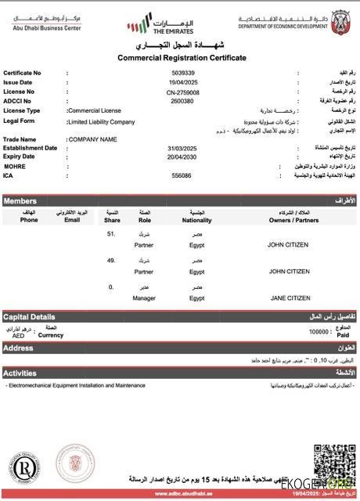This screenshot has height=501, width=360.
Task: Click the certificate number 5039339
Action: click(182, 73)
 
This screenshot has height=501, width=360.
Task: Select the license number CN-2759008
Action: click(182, 92)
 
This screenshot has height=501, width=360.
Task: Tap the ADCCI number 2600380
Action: click(182, 101)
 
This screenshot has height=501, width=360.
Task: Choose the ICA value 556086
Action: click(182, 175)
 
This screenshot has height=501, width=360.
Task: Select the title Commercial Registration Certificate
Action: click(182, 58)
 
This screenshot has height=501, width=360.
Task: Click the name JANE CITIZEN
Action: click(290, 297)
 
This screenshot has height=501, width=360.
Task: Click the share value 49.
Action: click(111, 261)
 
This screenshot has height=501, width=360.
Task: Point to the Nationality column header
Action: click(196, 220)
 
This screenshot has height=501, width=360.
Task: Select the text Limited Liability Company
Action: click(102, 121)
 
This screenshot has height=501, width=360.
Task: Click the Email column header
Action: click(72, 220)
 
